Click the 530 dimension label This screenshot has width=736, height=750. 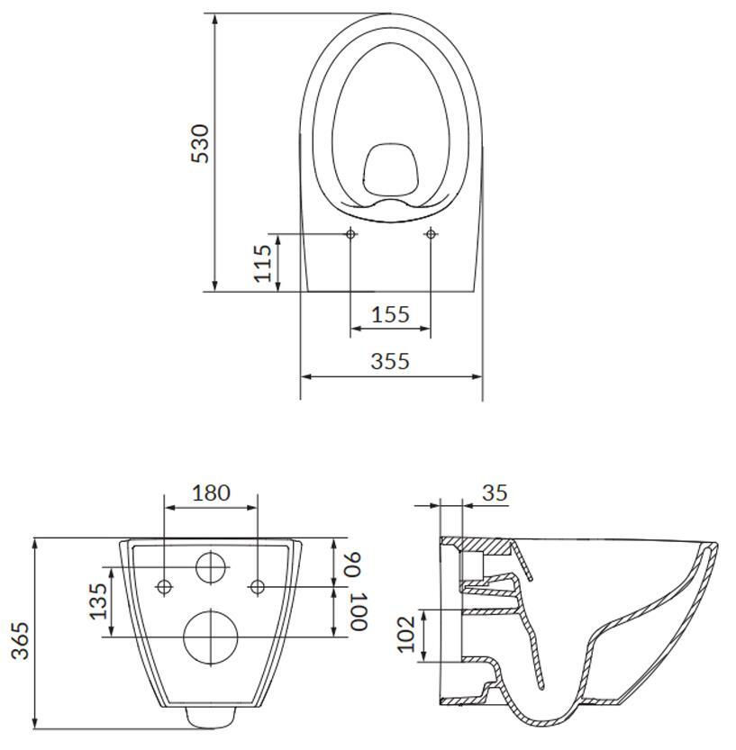tap(200, 143)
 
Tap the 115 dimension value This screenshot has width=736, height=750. tap(263, 263)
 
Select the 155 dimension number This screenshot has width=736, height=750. tap(390, 314)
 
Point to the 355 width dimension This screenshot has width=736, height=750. tap(390, 361)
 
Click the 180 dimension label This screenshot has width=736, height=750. tap(211, 492)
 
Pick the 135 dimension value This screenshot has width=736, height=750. tap(99, 601)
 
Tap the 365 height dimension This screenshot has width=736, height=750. tap(21, 641)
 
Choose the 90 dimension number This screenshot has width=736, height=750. tap(357, 565)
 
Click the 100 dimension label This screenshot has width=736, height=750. tap(358, 611)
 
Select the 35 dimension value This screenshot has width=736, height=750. tap(495, 492)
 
